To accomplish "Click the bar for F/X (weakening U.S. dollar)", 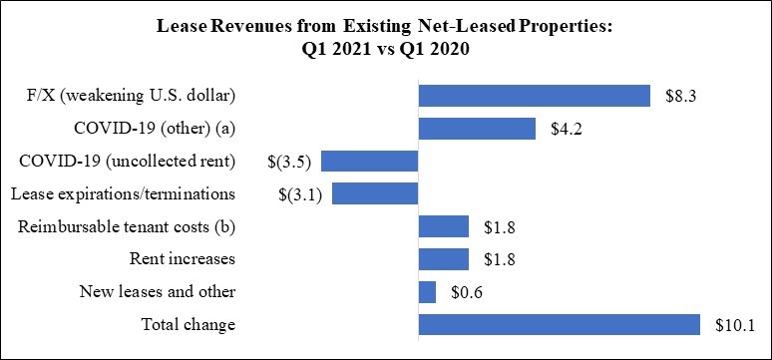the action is [535, 96].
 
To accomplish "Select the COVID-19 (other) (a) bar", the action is [477, 129].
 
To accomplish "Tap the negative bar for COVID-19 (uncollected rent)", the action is [370, 161].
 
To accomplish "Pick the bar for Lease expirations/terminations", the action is [375, 193].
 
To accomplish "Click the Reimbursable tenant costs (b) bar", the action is [444, 226].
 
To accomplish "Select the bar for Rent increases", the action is [444, 259].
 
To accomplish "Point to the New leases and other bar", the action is [427, 292].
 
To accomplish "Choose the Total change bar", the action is [560, 324].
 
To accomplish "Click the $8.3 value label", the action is [680, 96].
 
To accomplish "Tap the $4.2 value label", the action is [567, 129].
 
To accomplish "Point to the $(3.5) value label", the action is [289, 162].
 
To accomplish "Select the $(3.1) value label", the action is [300, 195].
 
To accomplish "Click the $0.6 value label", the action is [466, 292].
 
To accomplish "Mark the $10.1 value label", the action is [734, 325].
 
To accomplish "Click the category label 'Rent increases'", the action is [183, 259].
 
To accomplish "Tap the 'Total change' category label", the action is [189, 325].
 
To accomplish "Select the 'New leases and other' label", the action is [158, 292].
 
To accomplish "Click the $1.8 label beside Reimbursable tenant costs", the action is [500, 227].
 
